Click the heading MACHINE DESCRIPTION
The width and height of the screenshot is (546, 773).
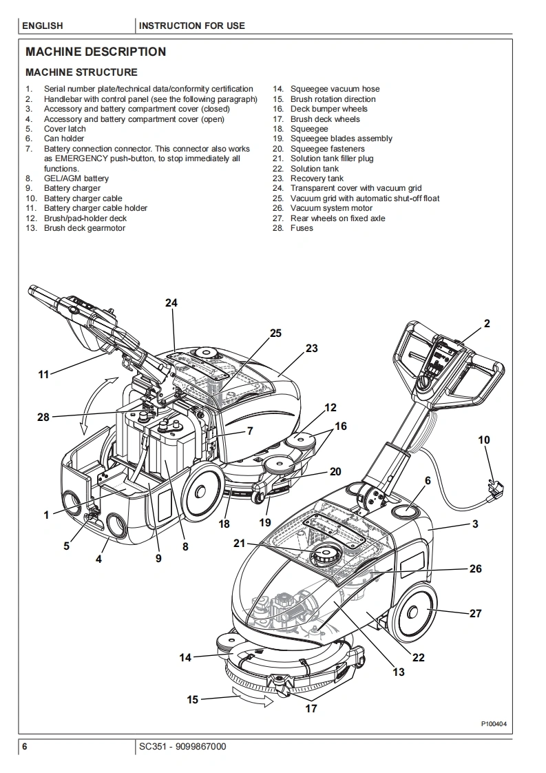click(96, 52)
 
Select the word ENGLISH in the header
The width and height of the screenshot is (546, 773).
click(43, 26)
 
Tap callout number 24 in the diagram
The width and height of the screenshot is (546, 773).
click(171, 302)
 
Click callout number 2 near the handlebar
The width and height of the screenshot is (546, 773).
click(487, 323)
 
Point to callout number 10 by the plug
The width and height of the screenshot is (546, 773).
click(484, 440)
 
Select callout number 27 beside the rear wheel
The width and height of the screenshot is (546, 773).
click(475, 613)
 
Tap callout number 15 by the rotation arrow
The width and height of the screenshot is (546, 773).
click(192, 699)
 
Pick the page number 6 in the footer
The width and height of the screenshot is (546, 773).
click(25, 747)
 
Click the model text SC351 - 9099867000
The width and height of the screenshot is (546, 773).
click(182, 747)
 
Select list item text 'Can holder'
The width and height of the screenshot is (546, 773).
click(64, 138)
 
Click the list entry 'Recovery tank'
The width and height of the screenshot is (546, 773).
click(317, 178)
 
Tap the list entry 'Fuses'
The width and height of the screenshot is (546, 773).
click(302, 228)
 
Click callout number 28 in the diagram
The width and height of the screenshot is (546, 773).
click(43, 417)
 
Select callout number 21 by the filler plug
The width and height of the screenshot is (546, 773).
click(239, 544)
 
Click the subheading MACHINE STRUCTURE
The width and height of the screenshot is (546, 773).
click(81, 72)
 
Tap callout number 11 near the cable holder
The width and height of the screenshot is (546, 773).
click(43, 375)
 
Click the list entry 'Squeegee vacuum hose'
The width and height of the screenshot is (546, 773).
click(335, 89)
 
